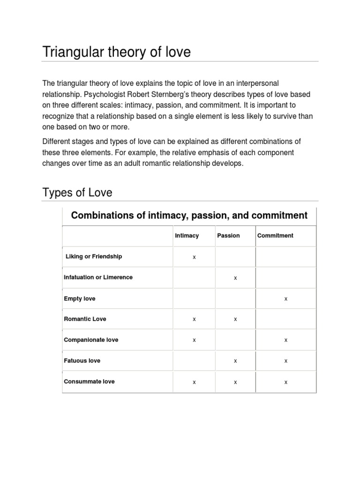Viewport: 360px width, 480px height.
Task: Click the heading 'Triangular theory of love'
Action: [117, 52]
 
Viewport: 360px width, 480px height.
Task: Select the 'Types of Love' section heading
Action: [77, 193]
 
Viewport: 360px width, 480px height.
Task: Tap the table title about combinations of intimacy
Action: [189, 216]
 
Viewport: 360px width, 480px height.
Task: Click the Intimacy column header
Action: [187, 236]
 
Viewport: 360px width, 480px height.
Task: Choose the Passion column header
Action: [228, 236]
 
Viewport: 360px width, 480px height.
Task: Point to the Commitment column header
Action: [275, 236]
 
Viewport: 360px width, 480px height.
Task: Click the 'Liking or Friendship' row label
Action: [94, 256]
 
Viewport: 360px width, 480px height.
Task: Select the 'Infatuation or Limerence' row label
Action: [98, 277]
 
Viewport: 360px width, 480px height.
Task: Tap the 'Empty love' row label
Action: [79, 299]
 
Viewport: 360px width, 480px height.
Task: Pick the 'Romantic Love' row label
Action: [85, 319]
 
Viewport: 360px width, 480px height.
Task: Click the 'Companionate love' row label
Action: [91, 340]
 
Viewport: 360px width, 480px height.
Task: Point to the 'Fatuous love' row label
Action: [82, 360]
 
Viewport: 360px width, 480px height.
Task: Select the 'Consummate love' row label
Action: [89, 382]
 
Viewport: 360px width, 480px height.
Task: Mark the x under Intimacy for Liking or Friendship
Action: [194, 257]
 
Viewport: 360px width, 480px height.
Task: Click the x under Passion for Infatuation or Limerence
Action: [235, 278]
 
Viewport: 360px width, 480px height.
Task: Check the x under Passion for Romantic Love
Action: [235, 320]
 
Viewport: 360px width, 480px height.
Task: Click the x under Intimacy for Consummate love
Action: [194, 382]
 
